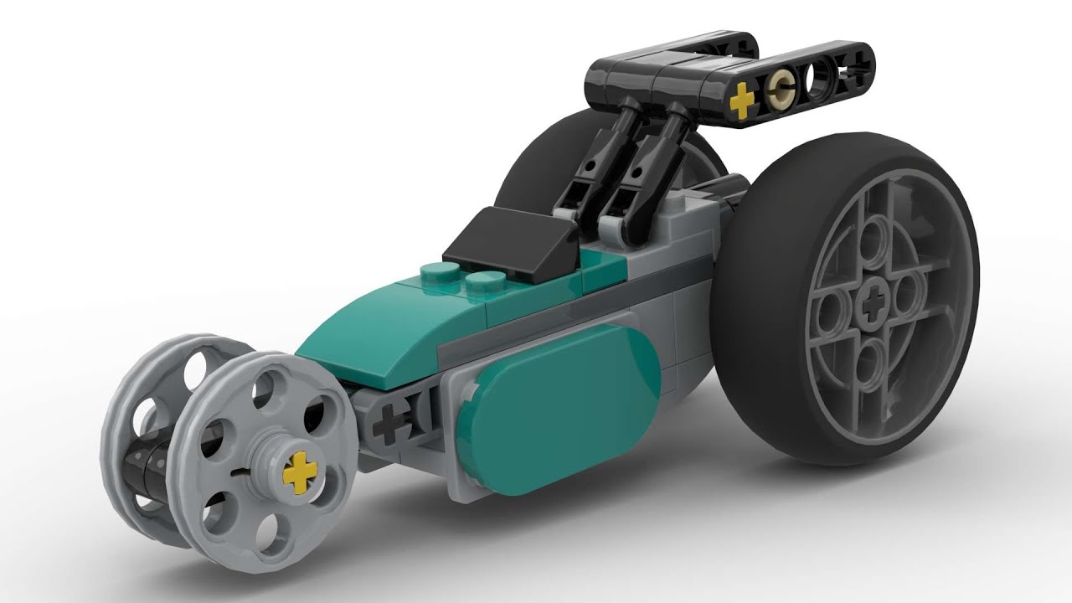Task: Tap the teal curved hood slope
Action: [x=368, y=318]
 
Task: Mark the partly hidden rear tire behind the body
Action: [x=536, y=167]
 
